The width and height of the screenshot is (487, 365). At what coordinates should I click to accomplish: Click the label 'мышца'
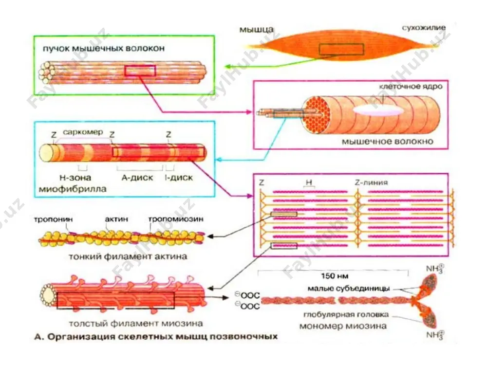257,30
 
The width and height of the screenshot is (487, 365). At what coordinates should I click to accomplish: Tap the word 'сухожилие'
424,28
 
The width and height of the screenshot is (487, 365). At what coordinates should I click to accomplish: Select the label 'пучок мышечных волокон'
104,48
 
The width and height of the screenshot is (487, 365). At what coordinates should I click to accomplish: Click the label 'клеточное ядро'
411,86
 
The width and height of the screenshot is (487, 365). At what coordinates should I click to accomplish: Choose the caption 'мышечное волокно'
388,142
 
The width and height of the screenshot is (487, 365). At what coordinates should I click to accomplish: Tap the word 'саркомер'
83,132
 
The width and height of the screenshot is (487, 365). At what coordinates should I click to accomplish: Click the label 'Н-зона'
75,178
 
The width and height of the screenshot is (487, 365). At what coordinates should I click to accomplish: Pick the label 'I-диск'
179,178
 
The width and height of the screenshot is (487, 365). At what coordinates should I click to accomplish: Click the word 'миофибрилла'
73,189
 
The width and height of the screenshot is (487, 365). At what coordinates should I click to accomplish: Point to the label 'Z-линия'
371,182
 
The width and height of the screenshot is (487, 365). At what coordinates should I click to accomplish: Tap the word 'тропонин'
53,219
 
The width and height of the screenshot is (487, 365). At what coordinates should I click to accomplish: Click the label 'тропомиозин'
176,219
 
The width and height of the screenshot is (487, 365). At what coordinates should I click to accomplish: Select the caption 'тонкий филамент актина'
128,256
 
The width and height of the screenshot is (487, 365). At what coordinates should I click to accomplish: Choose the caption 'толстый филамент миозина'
136,324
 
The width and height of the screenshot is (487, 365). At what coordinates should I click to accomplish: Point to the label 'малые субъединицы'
349,289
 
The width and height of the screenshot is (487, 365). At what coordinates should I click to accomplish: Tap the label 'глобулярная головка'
346,315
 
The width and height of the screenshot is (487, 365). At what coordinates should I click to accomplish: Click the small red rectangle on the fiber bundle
140,71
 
